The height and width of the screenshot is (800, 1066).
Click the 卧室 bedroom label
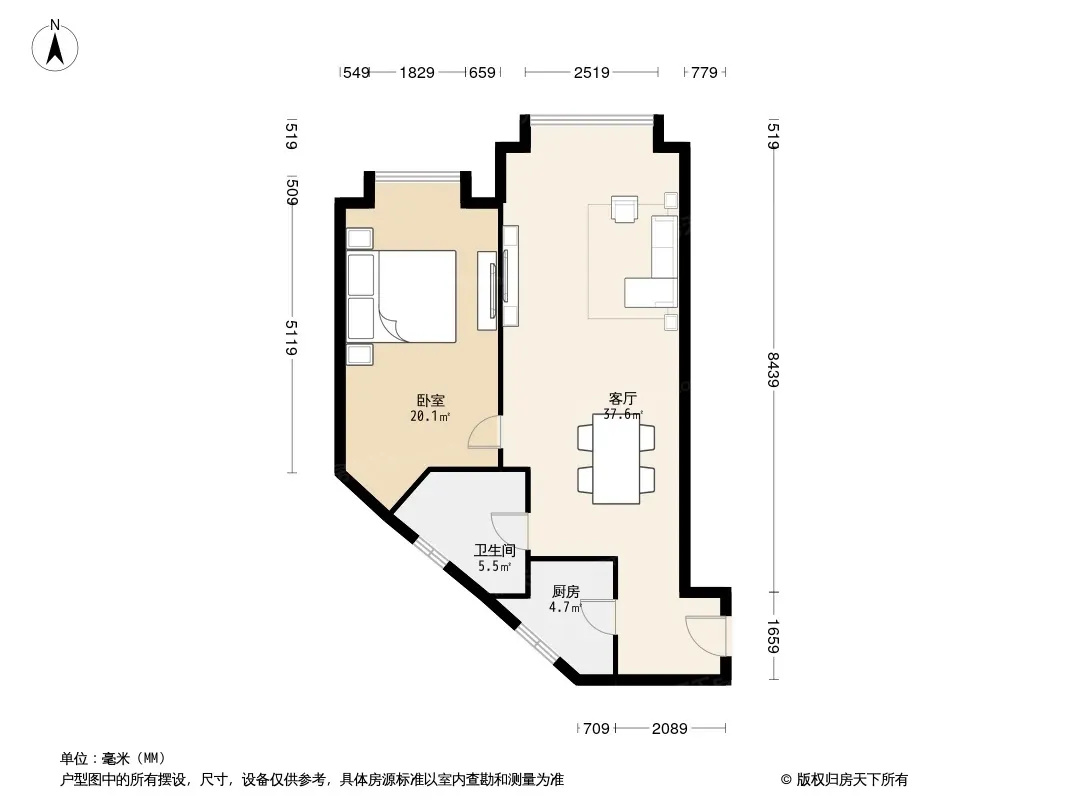(x=430, y=400)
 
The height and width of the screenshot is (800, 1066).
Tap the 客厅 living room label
(x=622, y=398)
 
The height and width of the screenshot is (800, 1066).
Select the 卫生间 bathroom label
(x=495, y=550)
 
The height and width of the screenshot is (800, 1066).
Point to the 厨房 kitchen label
(x=566, y=591)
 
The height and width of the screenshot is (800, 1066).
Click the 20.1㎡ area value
(x=430, y=416)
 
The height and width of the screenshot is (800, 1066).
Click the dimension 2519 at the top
(x=591, y=72)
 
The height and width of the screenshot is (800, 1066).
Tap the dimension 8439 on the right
(x=773, y=369)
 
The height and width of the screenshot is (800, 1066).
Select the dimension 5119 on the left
(x=291, y=337)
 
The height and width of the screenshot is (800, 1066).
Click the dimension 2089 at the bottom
(x=670, y=729)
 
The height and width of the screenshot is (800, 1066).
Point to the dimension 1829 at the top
(x=417, y=72)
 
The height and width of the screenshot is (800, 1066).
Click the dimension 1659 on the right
(x=773, y=636)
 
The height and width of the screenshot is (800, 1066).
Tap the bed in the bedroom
(x=401, y=296)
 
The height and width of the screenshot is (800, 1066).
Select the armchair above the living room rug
(x=625, y=209)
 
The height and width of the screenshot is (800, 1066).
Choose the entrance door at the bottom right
(x=707, y=636)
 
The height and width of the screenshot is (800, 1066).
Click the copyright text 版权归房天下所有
(x=852, y=780)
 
